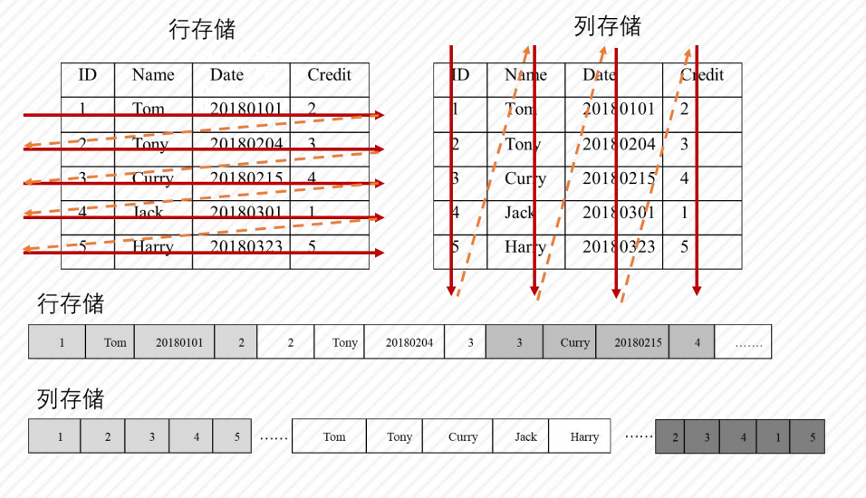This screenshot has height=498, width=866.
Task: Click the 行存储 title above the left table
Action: click(x=202, y=29)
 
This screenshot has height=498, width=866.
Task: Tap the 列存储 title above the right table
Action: click(x=607, y=26)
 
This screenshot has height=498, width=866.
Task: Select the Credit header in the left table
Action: click(x=329, y=75)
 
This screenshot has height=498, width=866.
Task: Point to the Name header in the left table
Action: click(x=153, y=75)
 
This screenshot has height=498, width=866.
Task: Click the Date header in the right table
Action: click(x=599, y=75)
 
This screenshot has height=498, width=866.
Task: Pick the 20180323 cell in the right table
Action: click(x=619, y=246)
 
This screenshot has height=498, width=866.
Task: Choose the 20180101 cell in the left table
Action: click(x=246, y=110)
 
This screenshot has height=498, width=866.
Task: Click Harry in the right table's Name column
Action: click(x=525, y=246)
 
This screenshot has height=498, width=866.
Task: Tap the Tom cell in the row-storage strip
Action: click(x=115, y=342)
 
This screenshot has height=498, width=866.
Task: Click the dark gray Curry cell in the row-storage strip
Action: click(x=574, y=342)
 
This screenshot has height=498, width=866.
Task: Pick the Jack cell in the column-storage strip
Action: click(x=526, y=436)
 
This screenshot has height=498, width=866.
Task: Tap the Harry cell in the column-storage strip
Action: click(x=584, y=436)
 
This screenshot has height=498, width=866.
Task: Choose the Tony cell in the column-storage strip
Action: click(x=399, y=436)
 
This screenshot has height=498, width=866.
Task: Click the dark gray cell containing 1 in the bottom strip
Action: click(x=777, y=436)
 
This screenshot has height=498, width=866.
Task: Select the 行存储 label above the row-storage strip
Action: click(x=71, y=303)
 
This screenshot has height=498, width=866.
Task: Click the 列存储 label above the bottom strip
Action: click(x=71, y=398)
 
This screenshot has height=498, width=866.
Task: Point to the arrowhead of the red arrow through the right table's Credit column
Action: click(x=697, y=292)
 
